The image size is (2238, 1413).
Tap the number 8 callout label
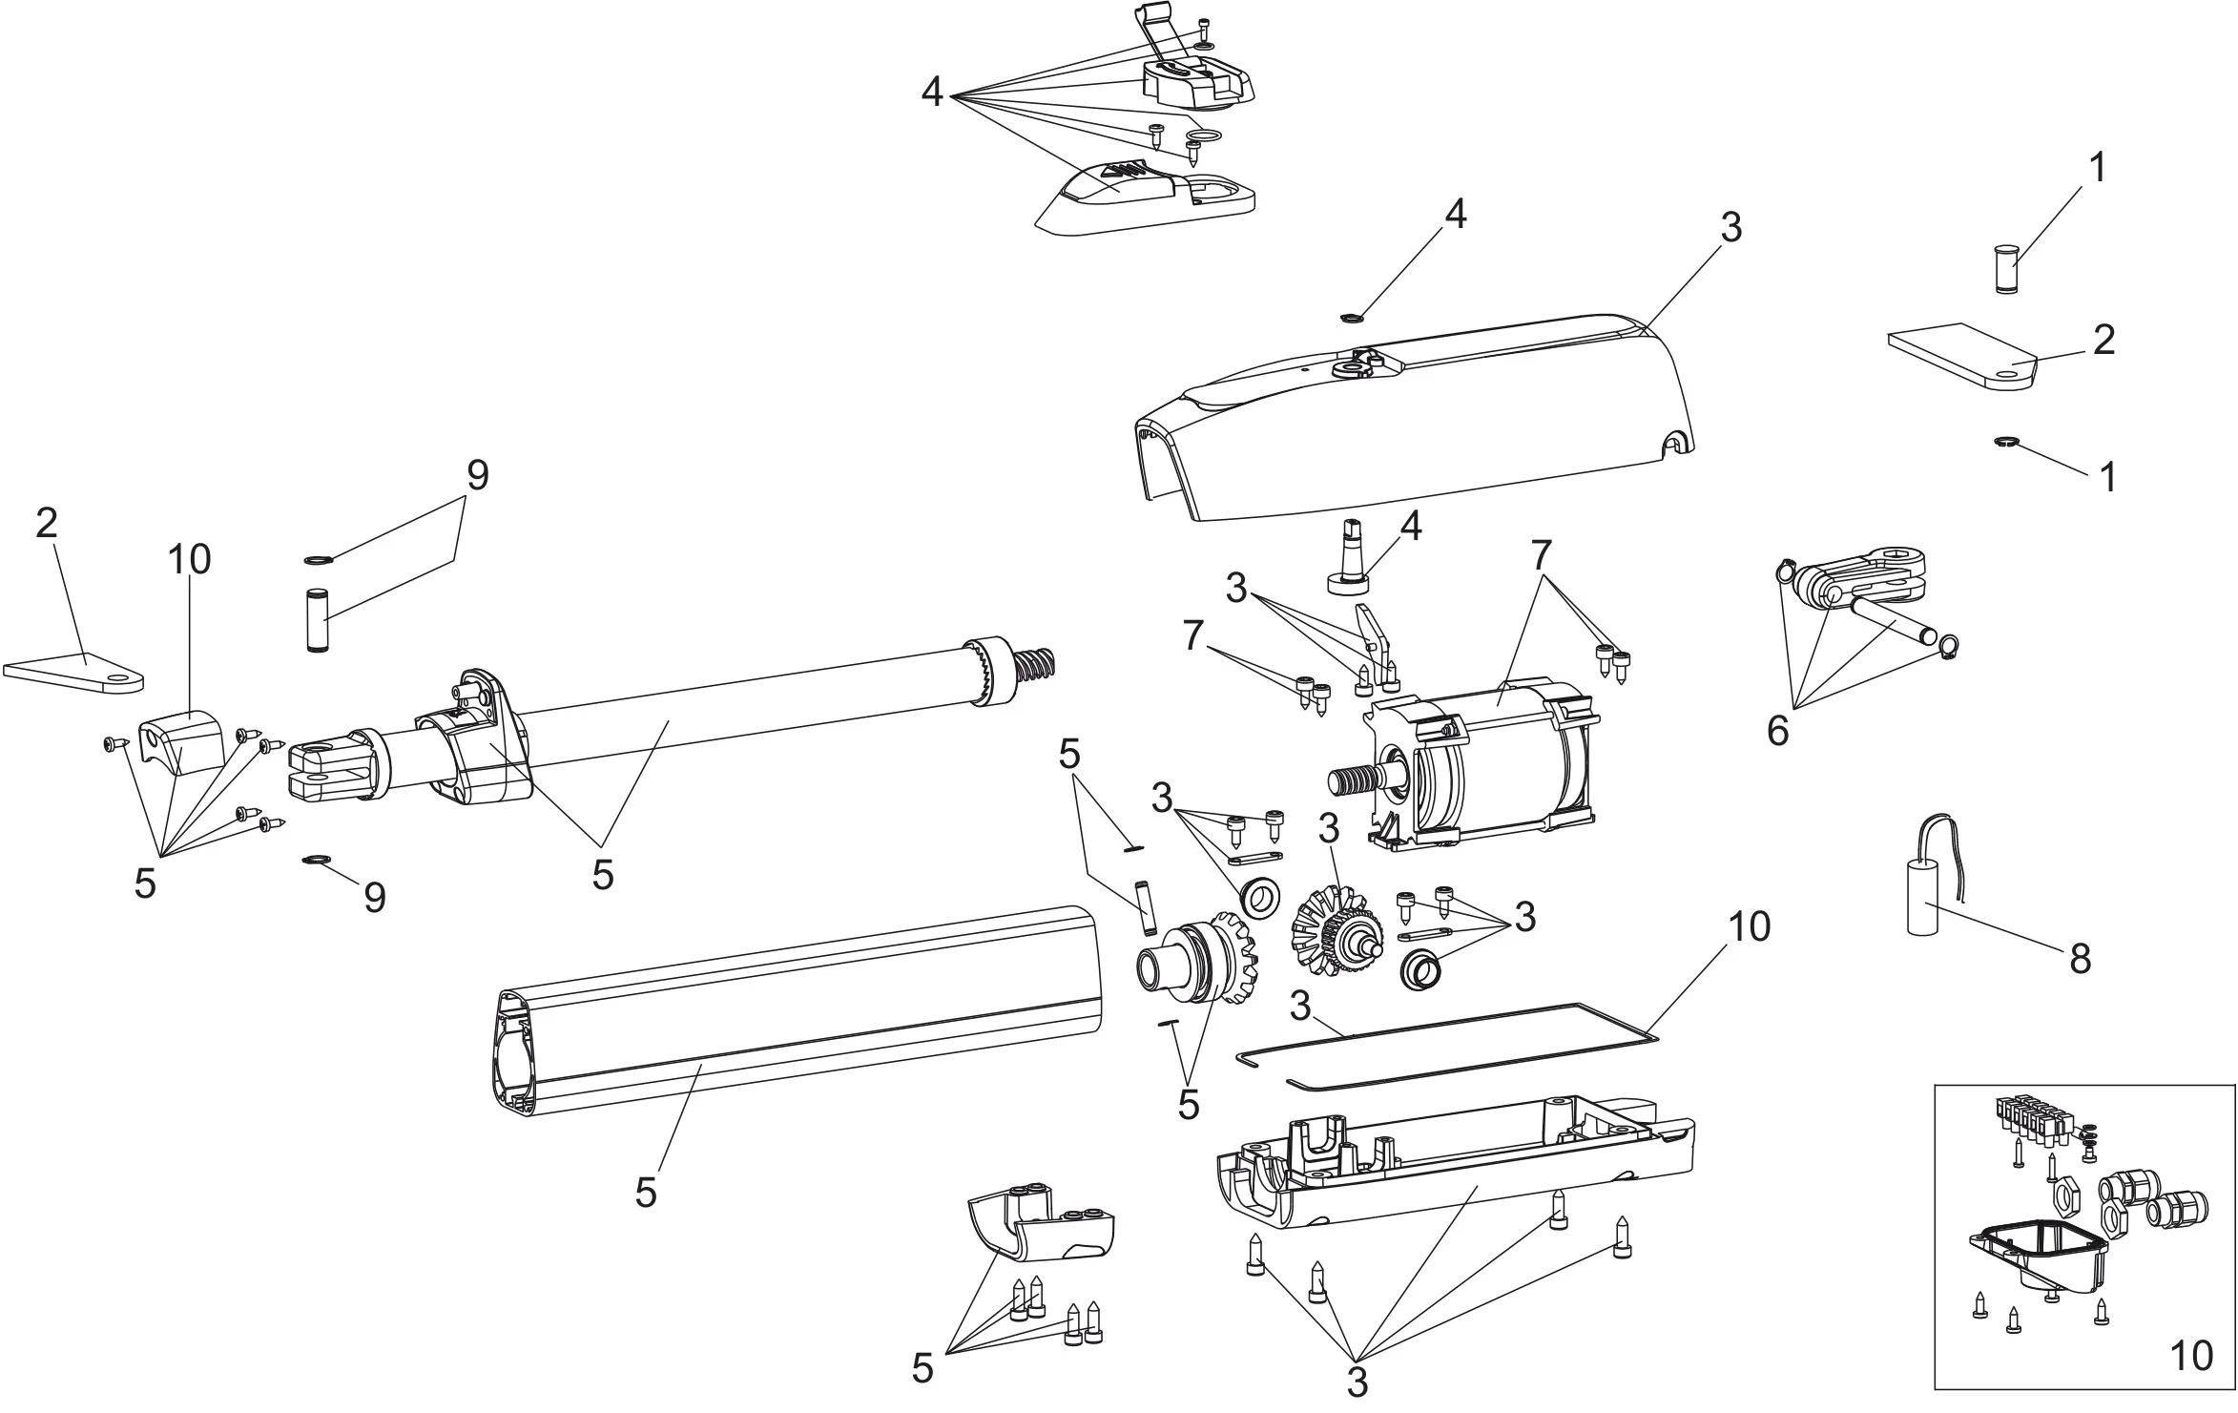[2081, 958]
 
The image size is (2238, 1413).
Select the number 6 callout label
[1778, 732]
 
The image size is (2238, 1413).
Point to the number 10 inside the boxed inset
[2191, 1382]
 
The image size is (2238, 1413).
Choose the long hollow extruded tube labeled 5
[792, 1011]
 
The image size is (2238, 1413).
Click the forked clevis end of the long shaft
[329, 768]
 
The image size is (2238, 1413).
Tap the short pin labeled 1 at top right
[2002, 269]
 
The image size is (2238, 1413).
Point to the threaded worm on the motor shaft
[1355, 778]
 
